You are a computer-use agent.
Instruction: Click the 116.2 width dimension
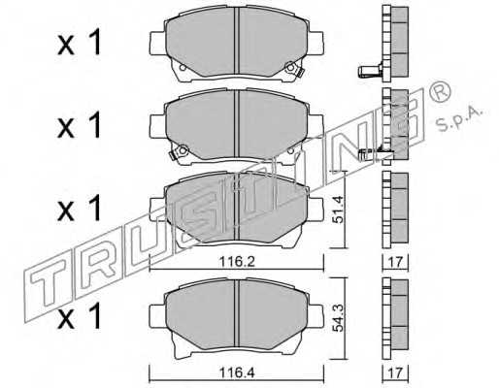[x=237, y=261]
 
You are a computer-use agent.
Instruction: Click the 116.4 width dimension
[x=237, y=372]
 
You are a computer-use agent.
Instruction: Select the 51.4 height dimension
[x=338, y=210]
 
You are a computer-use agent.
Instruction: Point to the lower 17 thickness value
[x=395, y=372]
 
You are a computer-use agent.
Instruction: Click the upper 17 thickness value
[x=395, y=262]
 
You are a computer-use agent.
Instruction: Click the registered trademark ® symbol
[x=439, y=91]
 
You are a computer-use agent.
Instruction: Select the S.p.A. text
[x=460, y=119]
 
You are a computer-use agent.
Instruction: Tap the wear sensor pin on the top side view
[x=370, y=71]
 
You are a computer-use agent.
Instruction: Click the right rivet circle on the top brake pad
[x=290, y=68]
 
